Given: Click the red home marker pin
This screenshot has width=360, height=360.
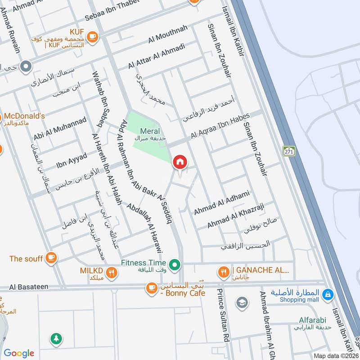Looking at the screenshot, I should pyautogui.click(x=180, y=162).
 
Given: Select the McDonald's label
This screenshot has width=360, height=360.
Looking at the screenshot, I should pyautogui.click(x=25, y=116).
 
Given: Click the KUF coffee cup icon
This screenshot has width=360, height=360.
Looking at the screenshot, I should pyautogui.click(x=92, y=36).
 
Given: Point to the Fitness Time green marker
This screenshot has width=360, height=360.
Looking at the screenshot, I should pyautogui.click(x=175, y=263).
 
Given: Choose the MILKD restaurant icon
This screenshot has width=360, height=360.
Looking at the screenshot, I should pyautogui.click(x=112, y=272).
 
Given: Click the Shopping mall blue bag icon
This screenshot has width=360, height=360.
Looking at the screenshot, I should pyautogui.click(x=329, y=294).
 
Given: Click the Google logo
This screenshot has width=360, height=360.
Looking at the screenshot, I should pyautogui.click(x=19, y=353).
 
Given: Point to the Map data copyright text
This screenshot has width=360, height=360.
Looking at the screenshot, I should pyautogui.click(x=335, y=355).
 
